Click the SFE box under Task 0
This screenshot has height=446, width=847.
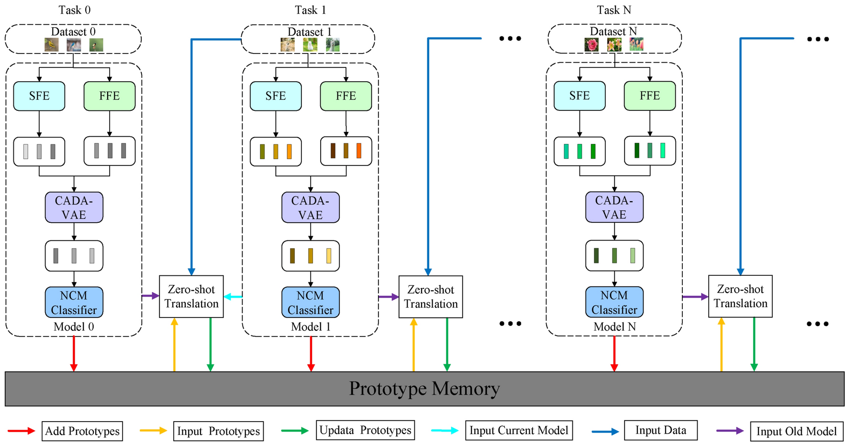coord(39,96)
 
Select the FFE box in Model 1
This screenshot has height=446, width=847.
coord(345,96)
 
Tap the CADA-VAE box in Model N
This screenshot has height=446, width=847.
coord(614,207)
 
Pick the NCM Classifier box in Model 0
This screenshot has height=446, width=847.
coord(74,303)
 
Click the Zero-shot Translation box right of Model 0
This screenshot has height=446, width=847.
coord(191,296)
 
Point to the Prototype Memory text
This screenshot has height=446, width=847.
coord(424,389)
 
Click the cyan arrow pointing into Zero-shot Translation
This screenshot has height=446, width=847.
coord(233,297)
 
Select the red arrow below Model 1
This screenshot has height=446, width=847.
coord(311,354)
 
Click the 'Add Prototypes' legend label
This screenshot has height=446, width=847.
coord(82,431)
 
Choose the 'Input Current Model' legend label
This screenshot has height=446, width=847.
coord(519,431)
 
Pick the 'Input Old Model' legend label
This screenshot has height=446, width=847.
coord(796,432)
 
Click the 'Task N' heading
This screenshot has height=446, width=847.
coord(614,10)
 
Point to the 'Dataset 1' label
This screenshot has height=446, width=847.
coord(309,32)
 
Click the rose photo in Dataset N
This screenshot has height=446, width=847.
coord(592,45)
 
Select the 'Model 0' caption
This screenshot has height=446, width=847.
coord(74,327)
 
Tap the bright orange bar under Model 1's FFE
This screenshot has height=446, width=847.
coord(359,151)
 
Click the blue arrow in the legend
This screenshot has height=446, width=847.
coord(605,432)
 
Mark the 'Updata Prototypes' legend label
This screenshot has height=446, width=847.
coord(365,430)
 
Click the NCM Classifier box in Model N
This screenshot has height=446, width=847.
coord(614,303)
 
